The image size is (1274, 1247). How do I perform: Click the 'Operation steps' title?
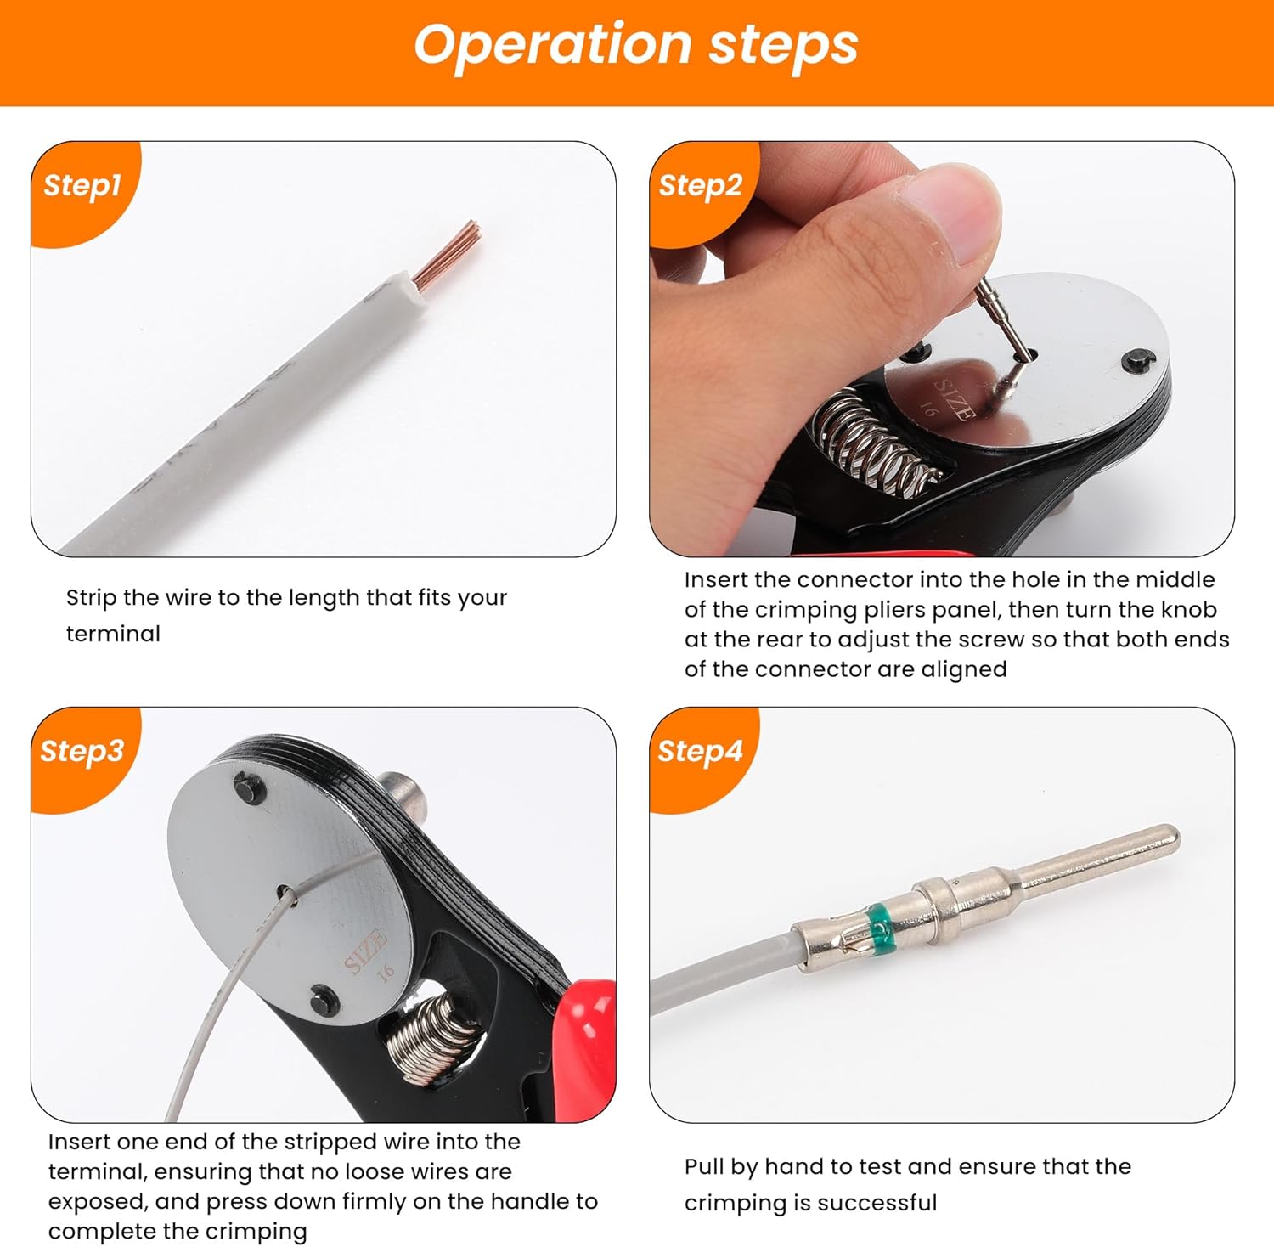636,45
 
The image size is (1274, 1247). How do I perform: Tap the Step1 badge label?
82,185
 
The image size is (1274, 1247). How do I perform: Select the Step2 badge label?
701,185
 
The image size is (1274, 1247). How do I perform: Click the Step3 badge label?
82,751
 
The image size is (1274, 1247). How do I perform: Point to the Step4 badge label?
700,751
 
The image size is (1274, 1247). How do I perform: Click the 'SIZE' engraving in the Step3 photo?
366,951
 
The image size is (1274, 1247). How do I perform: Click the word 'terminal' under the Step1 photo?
113,634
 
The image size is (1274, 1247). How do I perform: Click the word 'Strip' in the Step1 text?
91,599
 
